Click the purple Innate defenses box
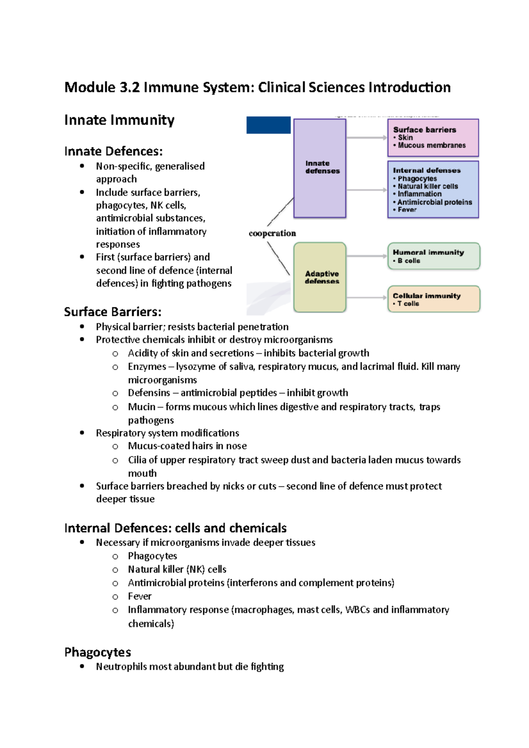click(320, 168)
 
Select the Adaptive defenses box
click(320, 277)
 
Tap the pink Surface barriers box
click(433, 137)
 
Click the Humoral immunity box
click(433, 256)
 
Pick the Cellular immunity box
click(433, 299)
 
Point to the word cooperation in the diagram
click(272, 233)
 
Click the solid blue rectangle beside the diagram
click(268, 125)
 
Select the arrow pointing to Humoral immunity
click(366, 256)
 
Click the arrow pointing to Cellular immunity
click(366, 298)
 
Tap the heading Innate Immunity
click(119, 120)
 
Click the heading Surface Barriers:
click(112, 312)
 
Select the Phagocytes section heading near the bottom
click(97, 652)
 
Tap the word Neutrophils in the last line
click(121, 667)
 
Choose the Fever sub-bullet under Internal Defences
click(139, 596)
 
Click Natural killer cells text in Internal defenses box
click(428, 186)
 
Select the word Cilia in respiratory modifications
click(137, 459)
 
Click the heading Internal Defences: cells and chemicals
click(175, 528)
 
